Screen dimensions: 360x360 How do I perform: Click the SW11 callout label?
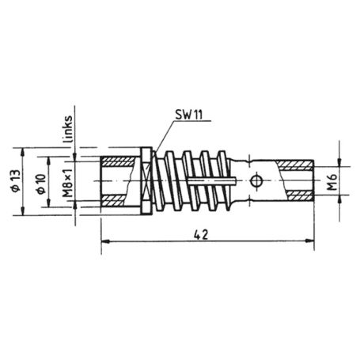click(x=187, y=114)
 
